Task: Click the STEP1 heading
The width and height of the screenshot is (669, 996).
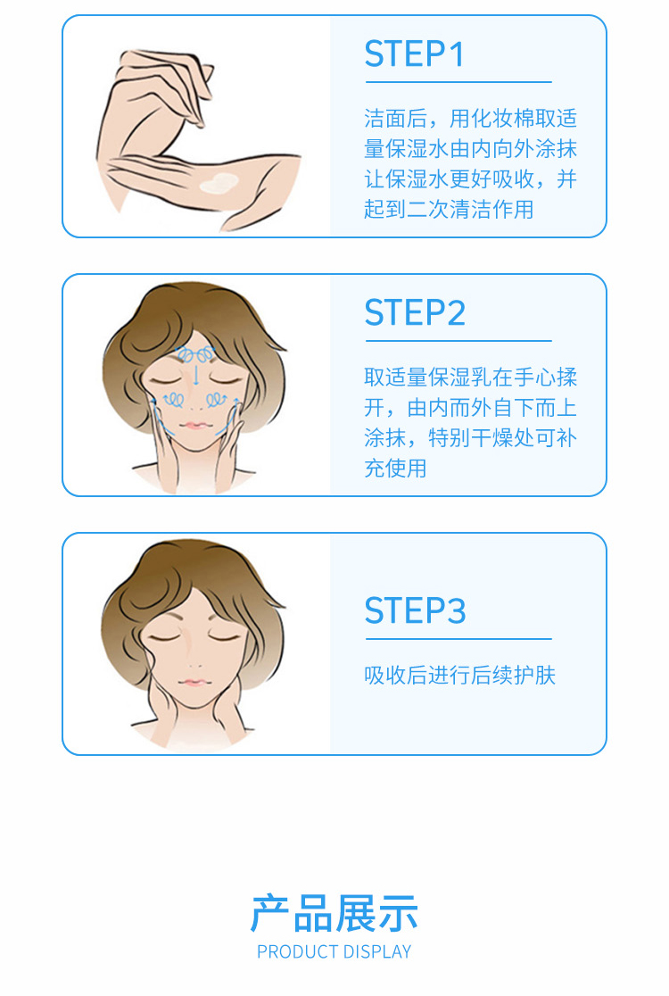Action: tap(414, 54)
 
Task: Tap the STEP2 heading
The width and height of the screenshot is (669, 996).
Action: tap(415, 313)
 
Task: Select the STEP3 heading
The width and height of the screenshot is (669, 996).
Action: tap(415, 610)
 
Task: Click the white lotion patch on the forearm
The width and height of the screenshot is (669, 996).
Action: tap(219, 183)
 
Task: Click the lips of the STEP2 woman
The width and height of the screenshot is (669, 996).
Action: tap(194, 425)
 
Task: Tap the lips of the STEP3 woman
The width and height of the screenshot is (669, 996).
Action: tap(194, 683)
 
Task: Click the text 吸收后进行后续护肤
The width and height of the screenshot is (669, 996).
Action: tap(459, 676)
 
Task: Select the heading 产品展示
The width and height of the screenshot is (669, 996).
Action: tap(334, 913)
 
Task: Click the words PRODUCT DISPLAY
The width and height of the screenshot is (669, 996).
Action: tap(334, 951)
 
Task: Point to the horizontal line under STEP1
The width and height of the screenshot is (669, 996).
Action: tap(458, 82)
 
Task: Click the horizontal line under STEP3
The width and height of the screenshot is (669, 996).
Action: tap(458, 639)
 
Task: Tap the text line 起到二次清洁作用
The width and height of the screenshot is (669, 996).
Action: tap(449, 210)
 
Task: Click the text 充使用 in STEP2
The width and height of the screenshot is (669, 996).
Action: tap(395, 469)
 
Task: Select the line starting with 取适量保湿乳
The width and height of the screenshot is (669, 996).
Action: tap(470, 378)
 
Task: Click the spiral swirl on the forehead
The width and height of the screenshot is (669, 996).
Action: tap(195, 353)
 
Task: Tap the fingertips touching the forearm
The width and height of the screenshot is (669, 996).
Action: tap(196, 120)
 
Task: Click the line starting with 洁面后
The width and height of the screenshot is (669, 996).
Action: tap(470, 118)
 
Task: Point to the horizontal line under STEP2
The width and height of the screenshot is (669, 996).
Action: tap(458, 341)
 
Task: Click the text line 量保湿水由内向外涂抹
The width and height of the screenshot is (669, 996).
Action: tap(470, 149)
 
